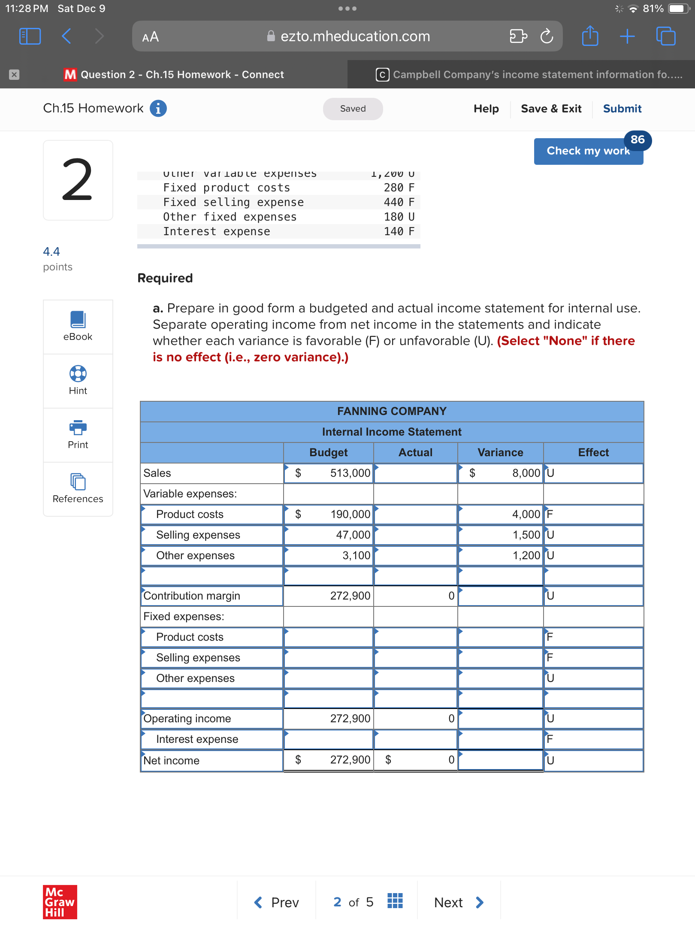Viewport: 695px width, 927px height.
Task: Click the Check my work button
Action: click(588, 151)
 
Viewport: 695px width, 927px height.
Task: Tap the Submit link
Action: click(622, 109)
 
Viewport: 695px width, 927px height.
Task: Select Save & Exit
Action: click(551, 109)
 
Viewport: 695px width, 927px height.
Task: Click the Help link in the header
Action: click(486, 109)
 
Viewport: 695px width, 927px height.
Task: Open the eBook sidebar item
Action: click(78, 327)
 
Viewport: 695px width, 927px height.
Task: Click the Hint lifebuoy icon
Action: click(78, 373)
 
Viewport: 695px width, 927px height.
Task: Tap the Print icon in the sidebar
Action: click(78, 427)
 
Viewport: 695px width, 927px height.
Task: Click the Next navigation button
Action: click(459, 903)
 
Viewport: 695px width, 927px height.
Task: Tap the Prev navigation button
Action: click(277, 903)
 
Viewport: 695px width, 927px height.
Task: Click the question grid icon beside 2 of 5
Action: click(395, 901)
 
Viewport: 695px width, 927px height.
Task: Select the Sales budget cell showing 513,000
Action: click(329, 473)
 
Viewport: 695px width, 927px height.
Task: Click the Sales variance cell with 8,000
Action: click(500, 473)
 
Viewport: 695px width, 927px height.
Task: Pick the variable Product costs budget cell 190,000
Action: click(329, 514)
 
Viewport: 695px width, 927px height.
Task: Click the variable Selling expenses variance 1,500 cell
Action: click(500, 535)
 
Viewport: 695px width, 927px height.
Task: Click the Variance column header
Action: click(500, 452)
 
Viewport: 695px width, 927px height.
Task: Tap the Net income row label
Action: click(171, 760)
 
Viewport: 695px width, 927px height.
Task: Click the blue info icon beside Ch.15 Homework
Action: click(158, 108)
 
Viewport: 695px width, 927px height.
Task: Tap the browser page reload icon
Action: click(547, 36)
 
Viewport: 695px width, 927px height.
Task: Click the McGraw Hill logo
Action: click(60, 902)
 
